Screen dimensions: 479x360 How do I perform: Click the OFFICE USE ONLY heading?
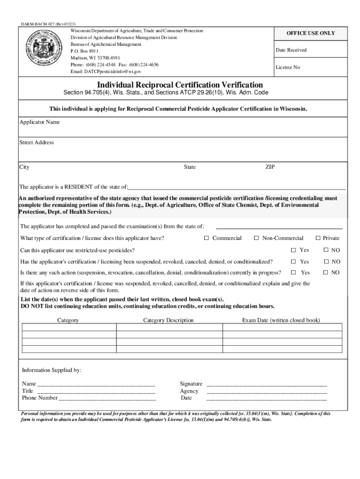[x=310, y=34]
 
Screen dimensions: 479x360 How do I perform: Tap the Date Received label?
[x=291, y=50]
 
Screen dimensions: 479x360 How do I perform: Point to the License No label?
[x=288, y=67]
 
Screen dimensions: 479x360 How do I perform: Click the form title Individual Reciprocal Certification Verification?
[x=180, y=85]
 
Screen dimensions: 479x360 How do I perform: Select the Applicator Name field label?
[x=39, y=122]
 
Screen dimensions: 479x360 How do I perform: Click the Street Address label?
[x=36, y=142]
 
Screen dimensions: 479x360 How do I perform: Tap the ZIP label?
[x=270, y=167]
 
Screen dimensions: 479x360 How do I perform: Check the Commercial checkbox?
[x=206, y=238]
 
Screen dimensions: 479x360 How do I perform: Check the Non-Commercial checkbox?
[x=256, y=238]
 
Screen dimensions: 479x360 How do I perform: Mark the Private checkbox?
[x=318, y=238]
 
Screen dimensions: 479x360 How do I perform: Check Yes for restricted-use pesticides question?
[x=294, y=250]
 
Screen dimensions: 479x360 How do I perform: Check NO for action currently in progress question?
[x=326, y=272]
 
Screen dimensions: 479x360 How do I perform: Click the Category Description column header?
[x=168, y=320]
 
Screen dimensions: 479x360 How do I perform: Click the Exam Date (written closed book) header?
[x=281, y=320]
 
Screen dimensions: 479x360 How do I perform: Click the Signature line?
[x=266, y=384]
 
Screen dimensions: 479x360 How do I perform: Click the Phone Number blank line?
[x=107, y=398]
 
